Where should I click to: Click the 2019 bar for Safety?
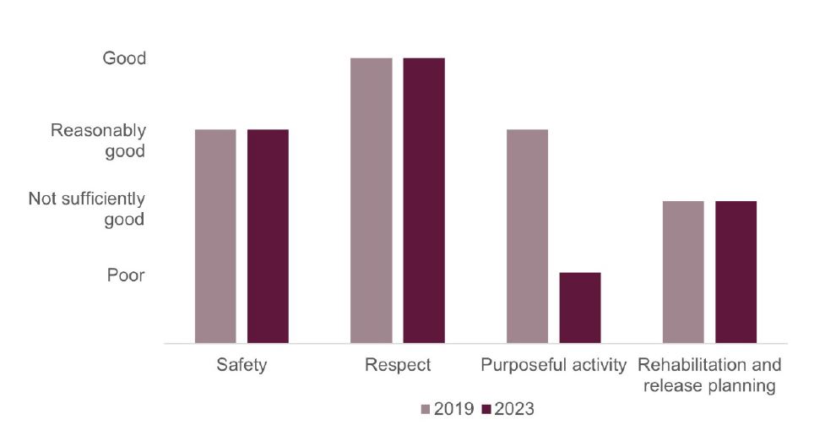tap(215, 237)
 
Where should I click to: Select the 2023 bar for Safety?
tap(268, 237)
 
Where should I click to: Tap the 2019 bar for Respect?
tap(372, 201)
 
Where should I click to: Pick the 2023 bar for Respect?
tap(424, 201)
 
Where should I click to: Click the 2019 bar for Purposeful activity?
tap(528, 237)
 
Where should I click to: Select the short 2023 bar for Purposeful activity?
tap(580, 308)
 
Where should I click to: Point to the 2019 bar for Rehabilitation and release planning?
tap(683, 272)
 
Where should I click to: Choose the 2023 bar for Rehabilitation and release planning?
tap(735, 272)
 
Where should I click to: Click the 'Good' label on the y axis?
tap(124, 58)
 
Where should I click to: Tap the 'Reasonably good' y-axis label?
tap(99, 141)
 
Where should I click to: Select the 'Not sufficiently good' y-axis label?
tap(87, 210)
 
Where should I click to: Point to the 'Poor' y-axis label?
tap(126, 275)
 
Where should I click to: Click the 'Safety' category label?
tap(241, 366)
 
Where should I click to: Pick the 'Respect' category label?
tap(398, 366)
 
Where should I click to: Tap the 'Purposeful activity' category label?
tap(554, 366)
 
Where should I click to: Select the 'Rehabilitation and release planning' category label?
tap(709, 376)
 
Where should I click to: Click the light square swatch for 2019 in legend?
tap(426, 410)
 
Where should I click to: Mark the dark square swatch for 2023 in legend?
tap(486, 410)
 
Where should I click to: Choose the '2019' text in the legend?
tap(453, 410)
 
